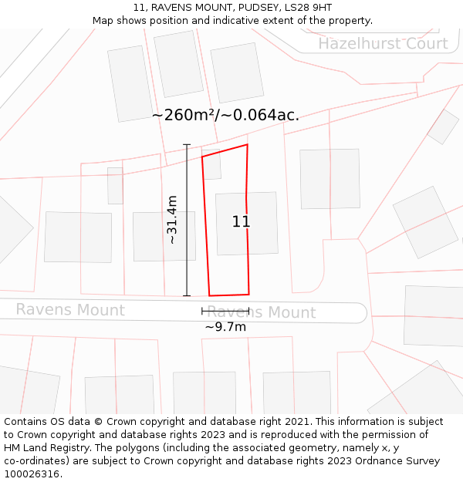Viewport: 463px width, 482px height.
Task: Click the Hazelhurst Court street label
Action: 383,43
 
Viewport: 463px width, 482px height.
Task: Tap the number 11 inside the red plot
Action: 242,222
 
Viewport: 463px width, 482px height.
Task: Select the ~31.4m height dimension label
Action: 172,220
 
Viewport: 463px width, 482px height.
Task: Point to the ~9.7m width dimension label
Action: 225,327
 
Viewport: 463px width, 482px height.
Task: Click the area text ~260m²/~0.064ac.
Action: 225,116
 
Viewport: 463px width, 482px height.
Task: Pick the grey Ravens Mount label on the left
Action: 70,310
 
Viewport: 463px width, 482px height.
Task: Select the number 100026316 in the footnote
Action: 32,474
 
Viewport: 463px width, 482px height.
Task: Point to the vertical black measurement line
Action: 187,220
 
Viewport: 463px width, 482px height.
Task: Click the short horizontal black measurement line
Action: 225,311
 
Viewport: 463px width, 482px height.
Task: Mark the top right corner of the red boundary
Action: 247,144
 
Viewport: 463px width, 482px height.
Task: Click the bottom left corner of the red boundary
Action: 209,295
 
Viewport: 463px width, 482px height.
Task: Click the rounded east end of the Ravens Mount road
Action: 360,312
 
